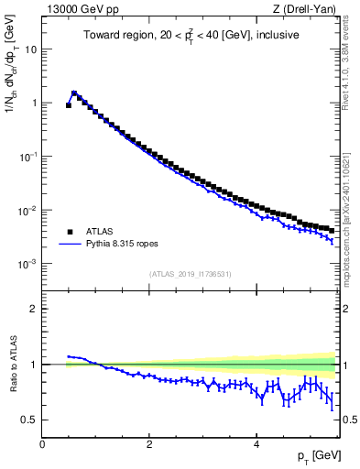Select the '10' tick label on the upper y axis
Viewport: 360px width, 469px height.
click(30, 49)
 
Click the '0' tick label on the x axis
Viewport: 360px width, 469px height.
click(42, 443)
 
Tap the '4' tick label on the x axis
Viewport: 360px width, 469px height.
click(256, 443)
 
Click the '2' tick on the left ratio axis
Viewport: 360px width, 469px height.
click(33, 309)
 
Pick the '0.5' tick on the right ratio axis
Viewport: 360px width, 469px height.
click(349, 420)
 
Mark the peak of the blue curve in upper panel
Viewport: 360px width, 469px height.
click(74, 93)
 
